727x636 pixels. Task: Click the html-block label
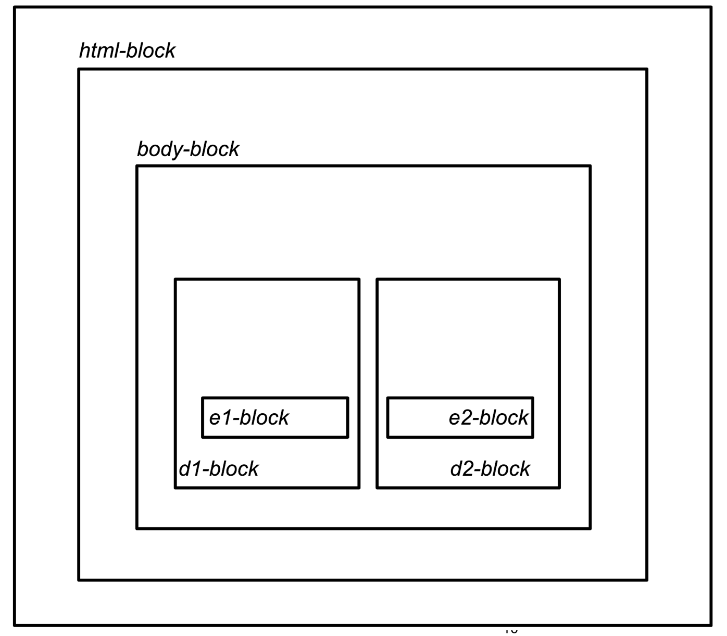click(x=127, y=51)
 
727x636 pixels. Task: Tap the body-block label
click(x=187, y=149)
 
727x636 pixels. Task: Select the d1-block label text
click(x=218, y=469)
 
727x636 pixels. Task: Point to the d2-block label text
click(x=490, y=469)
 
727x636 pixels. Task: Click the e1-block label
click(x=248, y=418)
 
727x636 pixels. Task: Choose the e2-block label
click(x=488, y=418)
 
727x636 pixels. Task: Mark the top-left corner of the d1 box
click(x=176, y=279)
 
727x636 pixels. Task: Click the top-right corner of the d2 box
click(x=559, y=279)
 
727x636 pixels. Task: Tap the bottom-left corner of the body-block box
click(x=137, y=528)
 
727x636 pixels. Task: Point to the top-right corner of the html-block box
click(x=647, y=69)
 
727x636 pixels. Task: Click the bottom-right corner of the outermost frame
click(x=711, y=625)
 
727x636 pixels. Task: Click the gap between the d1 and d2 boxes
click(x=368, y=384)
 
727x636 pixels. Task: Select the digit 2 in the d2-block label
click(x=468, y=469)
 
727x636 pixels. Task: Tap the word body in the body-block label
click(x=159, y=149)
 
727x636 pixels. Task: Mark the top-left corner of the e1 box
click(x=203, y=398)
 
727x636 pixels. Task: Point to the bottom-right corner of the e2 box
click(x=533, y=437)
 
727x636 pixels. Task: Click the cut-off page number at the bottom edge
click(x=511, y=631)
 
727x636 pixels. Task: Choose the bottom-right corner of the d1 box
click(x=359, y=488)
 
